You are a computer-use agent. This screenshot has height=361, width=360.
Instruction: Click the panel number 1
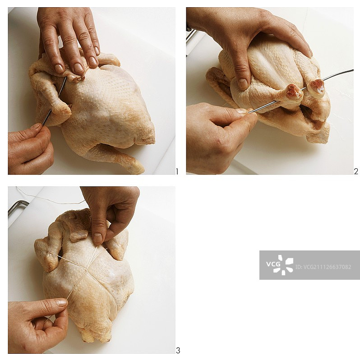coord(177,171)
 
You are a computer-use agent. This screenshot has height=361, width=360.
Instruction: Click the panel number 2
coord(356,171)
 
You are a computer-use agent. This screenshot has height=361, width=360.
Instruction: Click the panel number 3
coord(178,351)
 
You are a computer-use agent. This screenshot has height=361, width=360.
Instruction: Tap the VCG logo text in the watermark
coord(273,264)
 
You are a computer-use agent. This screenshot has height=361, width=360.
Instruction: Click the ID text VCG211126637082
coord(323,267)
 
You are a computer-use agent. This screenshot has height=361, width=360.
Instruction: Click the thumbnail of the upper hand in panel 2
coord(242,84)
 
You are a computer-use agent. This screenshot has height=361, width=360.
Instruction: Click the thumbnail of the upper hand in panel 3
coord(98,238)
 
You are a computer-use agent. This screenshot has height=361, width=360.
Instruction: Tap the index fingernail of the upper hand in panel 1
coord(59,69)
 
